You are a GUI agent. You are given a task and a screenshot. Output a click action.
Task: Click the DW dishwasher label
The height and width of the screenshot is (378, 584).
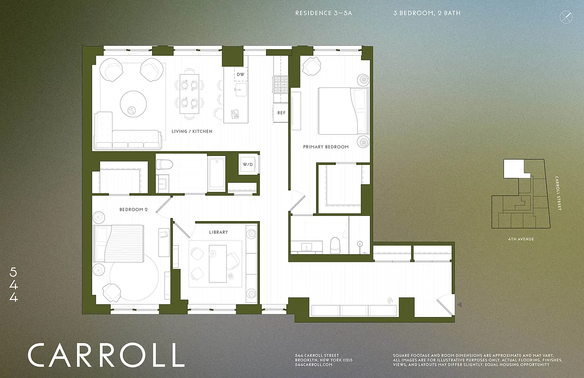(240, 75)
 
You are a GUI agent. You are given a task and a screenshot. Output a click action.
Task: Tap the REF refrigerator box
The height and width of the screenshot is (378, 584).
(281, 113)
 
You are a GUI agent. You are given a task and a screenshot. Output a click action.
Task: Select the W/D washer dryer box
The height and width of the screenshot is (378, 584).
(248, 165)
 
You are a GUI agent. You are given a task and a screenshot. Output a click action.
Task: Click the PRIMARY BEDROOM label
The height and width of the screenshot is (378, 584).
(326, 147)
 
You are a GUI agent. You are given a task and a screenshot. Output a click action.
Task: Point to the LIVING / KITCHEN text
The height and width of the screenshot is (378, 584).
(192, 131)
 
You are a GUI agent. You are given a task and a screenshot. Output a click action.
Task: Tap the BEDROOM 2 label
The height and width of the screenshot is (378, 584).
(133, 209)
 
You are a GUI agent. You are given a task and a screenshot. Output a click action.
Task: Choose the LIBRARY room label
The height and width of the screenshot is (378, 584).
(218, 232)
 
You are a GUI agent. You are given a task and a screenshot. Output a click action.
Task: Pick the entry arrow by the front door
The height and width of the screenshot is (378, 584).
(459, 306)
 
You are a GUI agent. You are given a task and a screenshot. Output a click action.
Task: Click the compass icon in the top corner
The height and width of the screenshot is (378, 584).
(566, 17)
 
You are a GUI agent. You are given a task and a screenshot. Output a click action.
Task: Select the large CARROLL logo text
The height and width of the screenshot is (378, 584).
(105, 355)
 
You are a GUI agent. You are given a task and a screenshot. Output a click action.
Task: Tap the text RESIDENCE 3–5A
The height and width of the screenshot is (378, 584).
(324, 13)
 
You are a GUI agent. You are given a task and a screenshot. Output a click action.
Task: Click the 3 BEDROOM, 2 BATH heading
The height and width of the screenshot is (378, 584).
(427, 13)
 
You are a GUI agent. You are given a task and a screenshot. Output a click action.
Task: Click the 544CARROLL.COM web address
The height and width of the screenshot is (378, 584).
(314, 365)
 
